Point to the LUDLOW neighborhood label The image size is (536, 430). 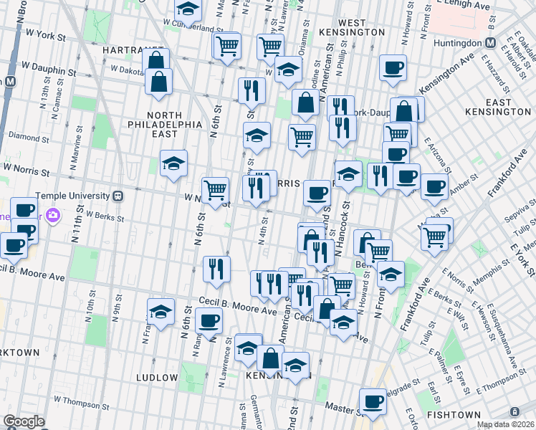click(x=156, y=378)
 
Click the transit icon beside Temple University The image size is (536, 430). click(x=118, y=195)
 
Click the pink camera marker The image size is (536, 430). click(x=52, y=214)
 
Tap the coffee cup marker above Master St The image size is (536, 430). click(x=372, y=403)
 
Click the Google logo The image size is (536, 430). click(x=24, y=421)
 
